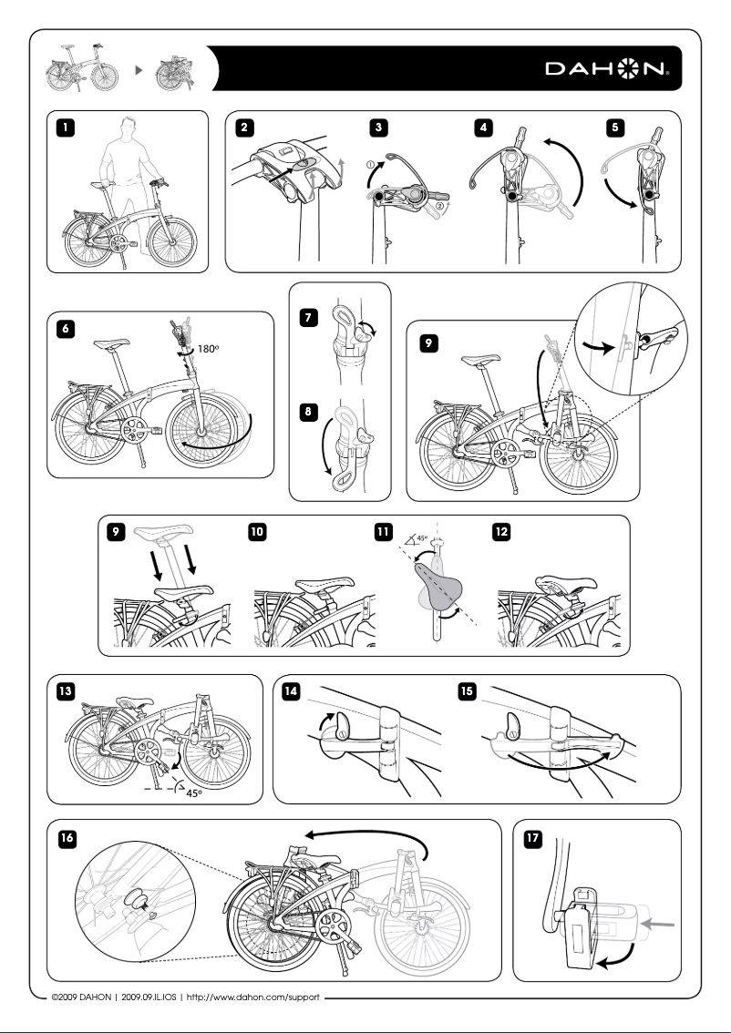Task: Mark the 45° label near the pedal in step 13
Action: [x=190, y=793]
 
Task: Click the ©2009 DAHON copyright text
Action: [x=82, y=997]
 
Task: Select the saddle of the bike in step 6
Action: [x=113, y=344]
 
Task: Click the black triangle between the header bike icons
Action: [x=137, y=68]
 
